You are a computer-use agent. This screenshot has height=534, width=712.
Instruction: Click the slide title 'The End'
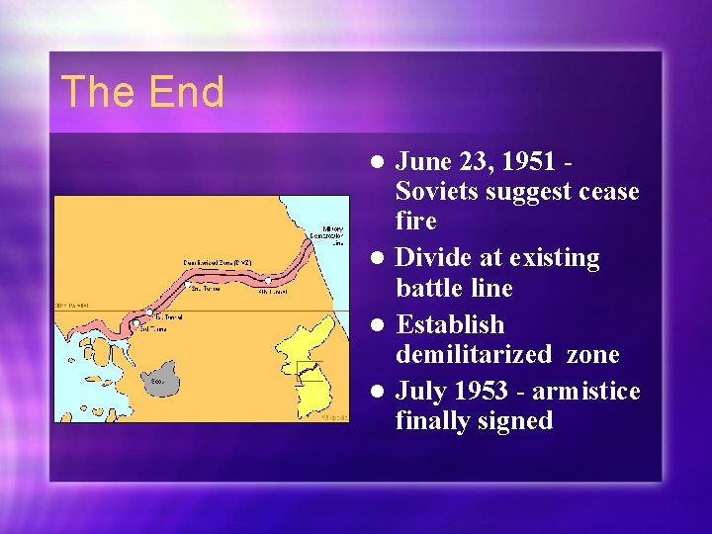[x=142, y=92]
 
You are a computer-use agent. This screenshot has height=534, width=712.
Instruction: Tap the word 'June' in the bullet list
[x=425, y=160]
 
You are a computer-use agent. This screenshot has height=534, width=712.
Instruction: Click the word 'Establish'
[x=450, y=324]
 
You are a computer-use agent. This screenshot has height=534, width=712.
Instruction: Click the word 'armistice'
[x=590, y=392]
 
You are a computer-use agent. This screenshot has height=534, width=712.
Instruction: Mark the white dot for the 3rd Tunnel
[x=136, y=322]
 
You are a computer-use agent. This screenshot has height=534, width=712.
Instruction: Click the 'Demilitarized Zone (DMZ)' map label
[x=217, y=262]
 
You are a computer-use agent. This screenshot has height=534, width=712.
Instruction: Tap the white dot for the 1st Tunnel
[x=149, y=312]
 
